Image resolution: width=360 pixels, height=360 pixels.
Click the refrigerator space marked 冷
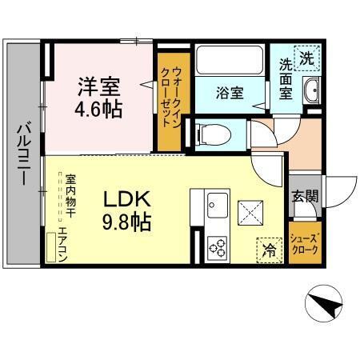(x=269, y=250)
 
